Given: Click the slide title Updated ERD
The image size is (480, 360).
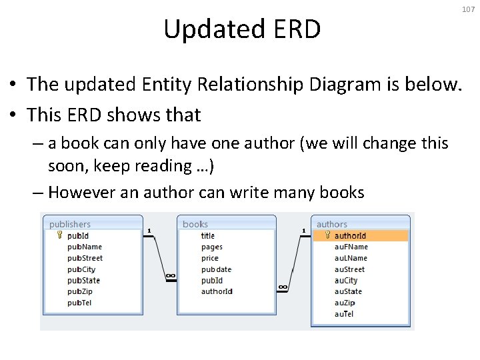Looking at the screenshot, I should pyautogui.click(x=242, y=29).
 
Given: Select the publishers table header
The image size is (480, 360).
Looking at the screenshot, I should pyautogui.click(x=70, y=224).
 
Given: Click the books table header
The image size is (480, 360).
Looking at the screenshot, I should pyautogui.click(x=195, y=224).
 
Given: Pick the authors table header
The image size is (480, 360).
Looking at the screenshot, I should pyautogui.click(x=332, y=224).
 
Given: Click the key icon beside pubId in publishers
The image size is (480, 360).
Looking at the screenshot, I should pyautogui.click(x=59, y=235).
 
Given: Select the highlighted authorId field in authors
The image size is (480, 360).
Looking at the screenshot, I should pyautogui.click(x=350, y=235).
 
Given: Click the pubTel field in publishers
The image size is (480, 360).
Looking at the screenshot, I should pyautogui.click(x=80, y=303).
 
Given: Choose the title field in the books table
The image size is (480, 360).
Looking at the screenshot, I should pyautogui.click(x=208, y=235).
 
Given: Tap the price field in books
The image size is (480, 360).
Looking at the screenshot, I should pyautogui.click(x=210, y=258).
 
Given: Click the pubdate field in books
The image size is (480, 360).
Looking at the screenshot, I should pyautogui.click(x=216, y=269).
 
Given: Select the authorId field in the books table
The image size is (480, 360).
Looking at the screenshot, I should pyautogui.click(x=217, y=291).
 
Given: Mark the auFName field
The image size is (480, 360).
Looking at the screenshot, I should pyautogui.click(x=351, y=247).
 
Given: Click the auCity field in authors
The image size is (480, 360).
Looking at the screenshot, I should pyautogui.click(x=346, y=281).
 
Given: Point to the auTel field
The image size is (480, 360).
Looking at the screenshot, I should pyautogui.click(x=344, y=314).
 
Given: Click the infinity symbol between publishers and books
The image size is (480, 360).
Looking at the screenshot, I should pyautogui.click(x=171, y=276).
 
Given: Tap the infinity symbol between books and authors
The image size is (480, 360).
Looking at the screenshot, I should pyautogui.click(x=283, y=287).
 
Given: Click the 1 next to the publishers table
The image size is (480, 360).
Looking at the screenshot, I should pyautogui.click(x=149, y=231).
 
